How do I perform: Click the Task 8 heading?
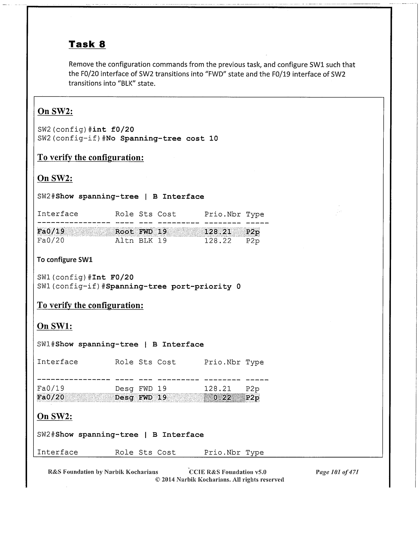pyautogui.click(x=87, y=44)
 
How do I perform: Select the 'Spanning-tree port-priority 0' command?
pyautogui.click(x=173, y=287)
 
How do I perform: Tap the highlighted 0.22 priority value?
pyautogui.click(x=222, y=397)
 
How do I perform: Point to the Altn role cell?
pyautogui.click(x=124, y=241)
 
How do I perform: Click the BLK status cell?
pyautogui.click(x=146, y=241)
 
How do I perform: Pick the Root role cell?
pyautogui.click(x=124, y=232)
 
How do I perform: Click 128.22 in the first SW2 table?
pyautogui.click(x=218, y=241)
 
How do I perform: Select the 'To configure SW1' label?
pyautogui.click(x=65, y=260)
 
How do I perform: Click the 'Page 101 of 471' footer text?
pyautogui.click(x=337, y=472)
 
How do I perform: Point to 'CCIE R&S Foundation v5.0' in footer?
pyautogui.click(x=228, y=472)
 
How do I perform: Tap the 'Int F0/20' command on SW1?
pyautogui.click(x=113, y=277)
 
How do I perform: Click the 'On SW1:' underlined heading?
pyautogui.click(x=55, y=326)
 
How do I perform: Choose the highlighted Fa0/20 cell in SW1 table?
pyautogui.click(x=51, y=397)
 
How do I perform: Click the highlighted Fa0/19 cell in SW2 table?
pyautogui.click(x=51, y=232)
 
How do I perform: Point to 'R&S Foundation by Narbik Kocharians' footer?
pyautogui.click(x=103, y=472)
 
